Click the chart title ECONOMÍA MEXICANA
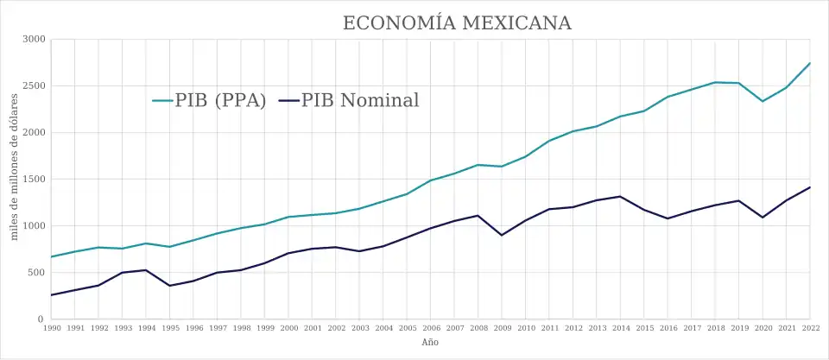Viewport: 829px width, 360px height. tap(457, 22)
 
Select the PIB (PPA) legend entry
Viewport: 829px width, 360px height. tap(209, 100)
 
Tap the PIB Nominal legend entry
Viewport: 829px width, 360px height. tap(349, 100)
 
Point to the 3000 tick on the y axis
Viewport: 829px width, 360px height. tap(35, 40)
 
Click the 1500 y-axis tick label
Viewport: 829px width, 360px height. tap(35, 180)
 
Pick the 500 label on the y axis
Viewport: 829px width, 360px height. tap(37, 273)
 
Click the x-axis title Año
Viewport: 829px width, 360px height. tap(430, 343)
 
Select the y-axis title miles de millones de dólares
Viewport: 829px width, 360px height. tap(15, 180)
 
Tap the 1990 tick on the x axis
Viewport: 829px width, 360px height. tap(52, 328)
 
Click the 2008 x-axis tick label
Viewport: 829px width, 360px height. tap(478, 328)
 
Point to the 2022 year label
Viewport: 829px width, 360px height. tap(809, 328)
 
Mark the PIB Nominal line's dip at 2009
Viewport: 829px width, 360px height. tap(502, 235)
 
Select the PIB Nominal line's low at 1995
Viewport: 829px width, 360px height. tap(169, 286)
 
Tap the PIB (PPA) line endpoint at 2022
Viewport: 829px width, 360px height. tap(809, 63)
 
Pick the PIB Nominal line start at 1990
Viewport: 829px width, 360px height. tap(52, 295)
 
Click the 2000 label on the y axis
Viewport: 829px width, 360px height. tap(35, 133)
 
